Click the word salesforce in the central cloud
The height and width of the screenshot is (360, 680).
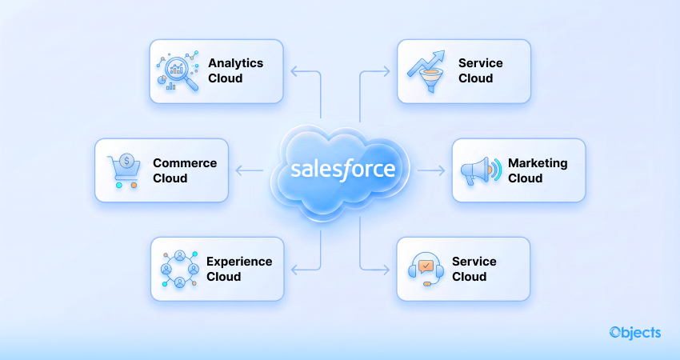(342, 170)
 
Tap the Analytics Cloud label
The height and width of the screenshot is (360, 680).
(235, 70)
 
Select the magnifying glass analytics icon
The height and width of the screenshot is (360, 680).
(176, 73)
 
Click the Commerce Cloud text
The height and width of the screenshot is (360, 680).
(185, 170)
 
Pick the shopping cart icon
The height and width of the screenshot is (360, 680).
(122, 170)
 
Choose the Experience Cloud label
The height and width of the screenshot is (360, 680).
(239, 269)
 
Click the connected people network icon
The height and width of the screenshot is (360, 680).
(179, 269)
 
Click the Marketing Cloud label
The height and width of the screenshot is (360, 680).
(538, 170)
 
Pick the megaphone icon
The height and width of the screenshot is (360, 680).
(480, 170)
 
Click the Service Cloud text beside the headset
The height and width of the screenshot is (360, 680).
(474, 269)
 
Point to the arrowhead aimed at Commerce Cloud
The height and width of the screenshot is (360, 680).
(238, 170)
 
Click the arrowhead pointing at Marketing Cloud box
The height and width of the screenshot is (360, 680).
(442, 170)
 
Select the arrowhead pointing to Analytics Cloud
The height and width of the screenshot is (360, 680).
(293, 71)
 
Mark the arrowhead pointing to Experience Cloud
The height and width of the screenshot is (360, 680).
(293, 269)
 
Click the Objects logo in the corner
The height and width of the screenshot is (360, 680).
(634, 332)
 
